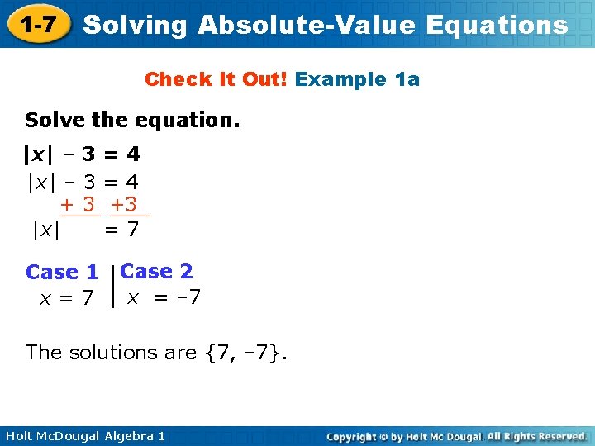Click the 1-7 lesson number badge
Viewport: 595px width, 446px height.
click(38, 25)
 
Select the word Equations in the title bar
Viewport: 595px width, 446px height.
click(497, 26)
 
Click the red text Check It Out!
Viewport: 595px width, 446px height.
click(217, 79)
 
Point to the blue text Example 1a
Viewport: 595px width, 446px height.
click(357, 79)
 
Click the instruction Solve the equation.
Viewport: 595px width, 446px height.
click(132, 121)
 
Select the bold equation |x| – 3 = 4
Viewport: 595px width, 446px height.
click(82, 154)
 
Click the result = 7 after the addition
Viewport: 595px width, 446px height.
click(121, 230)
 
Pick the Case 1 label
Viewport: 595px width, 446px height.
click(62, 272)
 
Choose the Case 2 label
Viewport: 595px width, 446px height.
click(156, 271)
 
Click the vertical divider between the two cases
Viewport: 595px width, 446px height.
click(112, 286)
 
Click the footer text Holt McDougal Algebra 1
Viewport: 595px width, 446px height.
click(84, 435)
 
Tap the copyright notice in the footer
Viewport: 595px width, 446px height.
click(456, 435)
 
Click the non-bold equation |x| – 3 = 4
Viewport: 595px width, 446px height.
click(83, 181)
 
